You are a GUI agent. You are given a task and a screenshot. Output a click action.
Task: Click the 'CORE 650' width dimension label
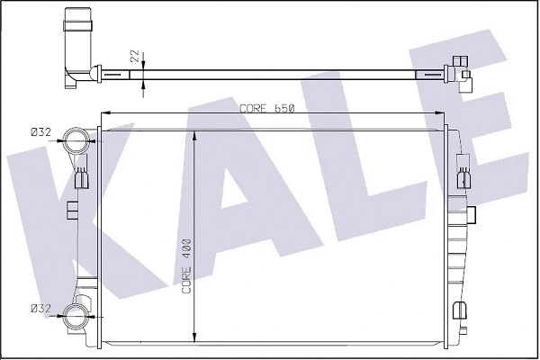267,108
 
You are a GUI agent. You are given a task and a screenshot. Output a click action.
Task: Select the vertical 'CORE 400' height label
186,266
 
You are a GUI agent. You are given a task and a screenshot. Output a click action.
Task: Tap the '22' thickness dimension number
136,56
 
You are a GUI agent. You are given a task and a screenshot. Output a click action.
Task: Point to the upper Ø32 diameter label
40,133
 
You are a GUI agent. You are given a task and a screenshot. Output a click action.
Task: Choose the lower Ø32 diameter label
40,309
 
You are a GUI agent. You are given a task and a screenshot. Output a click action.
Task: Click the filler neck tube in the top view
77,45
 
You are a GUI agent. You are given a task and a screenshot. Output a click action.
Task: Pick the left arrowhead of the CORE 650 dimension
104,113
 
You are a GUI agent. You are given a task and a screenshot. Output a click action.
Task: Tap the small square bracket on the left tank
70,211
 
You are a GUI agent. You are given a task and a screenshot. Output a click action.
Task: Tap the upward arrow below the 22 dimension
145,85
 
